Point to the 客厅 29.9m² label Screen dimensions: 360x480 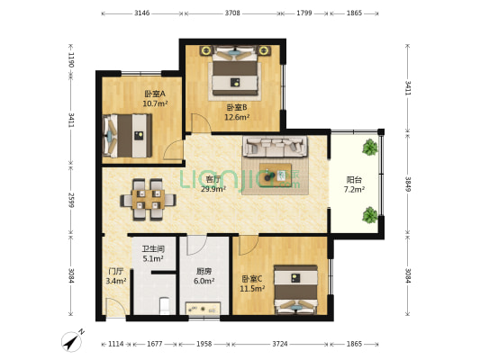213,184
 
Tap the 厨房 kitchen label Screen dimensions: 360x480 204,275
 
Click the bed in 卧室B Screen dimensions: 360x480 237,75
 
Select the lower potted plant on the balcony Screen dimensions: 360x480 369,214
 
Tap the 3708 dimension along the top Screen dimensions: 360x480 232,14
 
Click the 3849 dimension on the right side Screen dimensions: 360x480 408,187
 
